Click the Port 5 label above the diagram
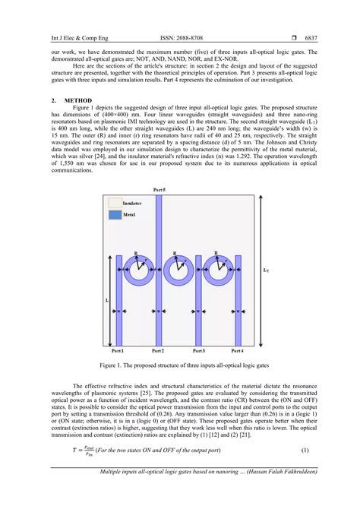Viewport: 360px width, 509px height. click(157, 188)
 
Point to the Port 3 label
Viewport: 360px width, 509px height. click(198, 352)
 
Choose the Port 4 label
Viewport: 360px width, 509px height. click(237, 352)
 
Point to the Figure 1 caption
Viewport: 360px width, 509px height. click(180, 365)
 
